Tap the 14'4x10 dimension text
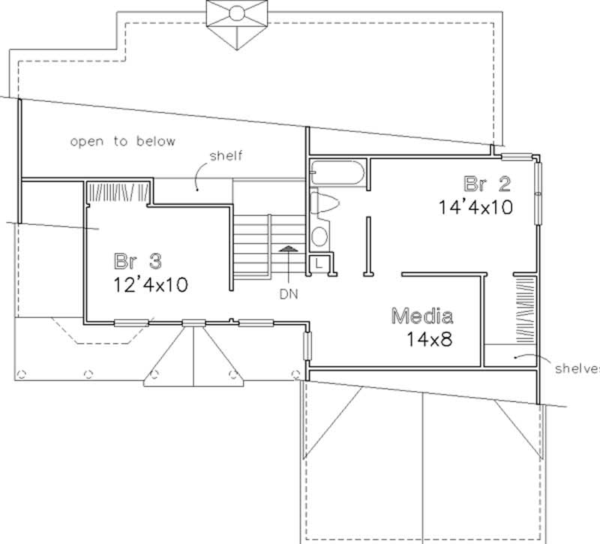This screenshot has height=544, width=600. pos(476,207)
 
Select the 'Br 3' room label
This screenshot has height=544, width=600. pos(138,263)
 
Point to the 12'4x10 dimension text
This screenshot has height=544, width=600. pos(149,284)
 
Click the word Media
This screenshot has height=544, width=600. pos(421,315)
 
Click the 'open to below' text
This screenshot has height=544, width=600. pos(122,141)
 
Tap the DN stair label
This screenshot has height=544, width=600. pos(289,294)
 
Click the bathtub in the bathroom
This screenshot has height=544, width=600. pos(337,174)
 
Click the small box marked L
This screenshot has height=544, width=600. pos(319,263)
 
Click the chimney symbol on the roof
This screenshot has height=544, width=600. pos(235,19)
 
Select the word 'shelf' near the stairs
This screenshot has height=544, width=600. pos(227,156)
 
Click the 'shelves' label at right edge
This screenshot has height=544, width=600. pos(577,369)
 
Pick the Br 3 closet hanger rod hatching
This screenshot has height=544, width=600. pos(115,192)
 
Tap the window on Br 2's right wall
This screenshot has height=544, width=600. pos(538,191)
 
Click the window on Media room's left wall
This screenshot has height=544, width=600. pos(307,347)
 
